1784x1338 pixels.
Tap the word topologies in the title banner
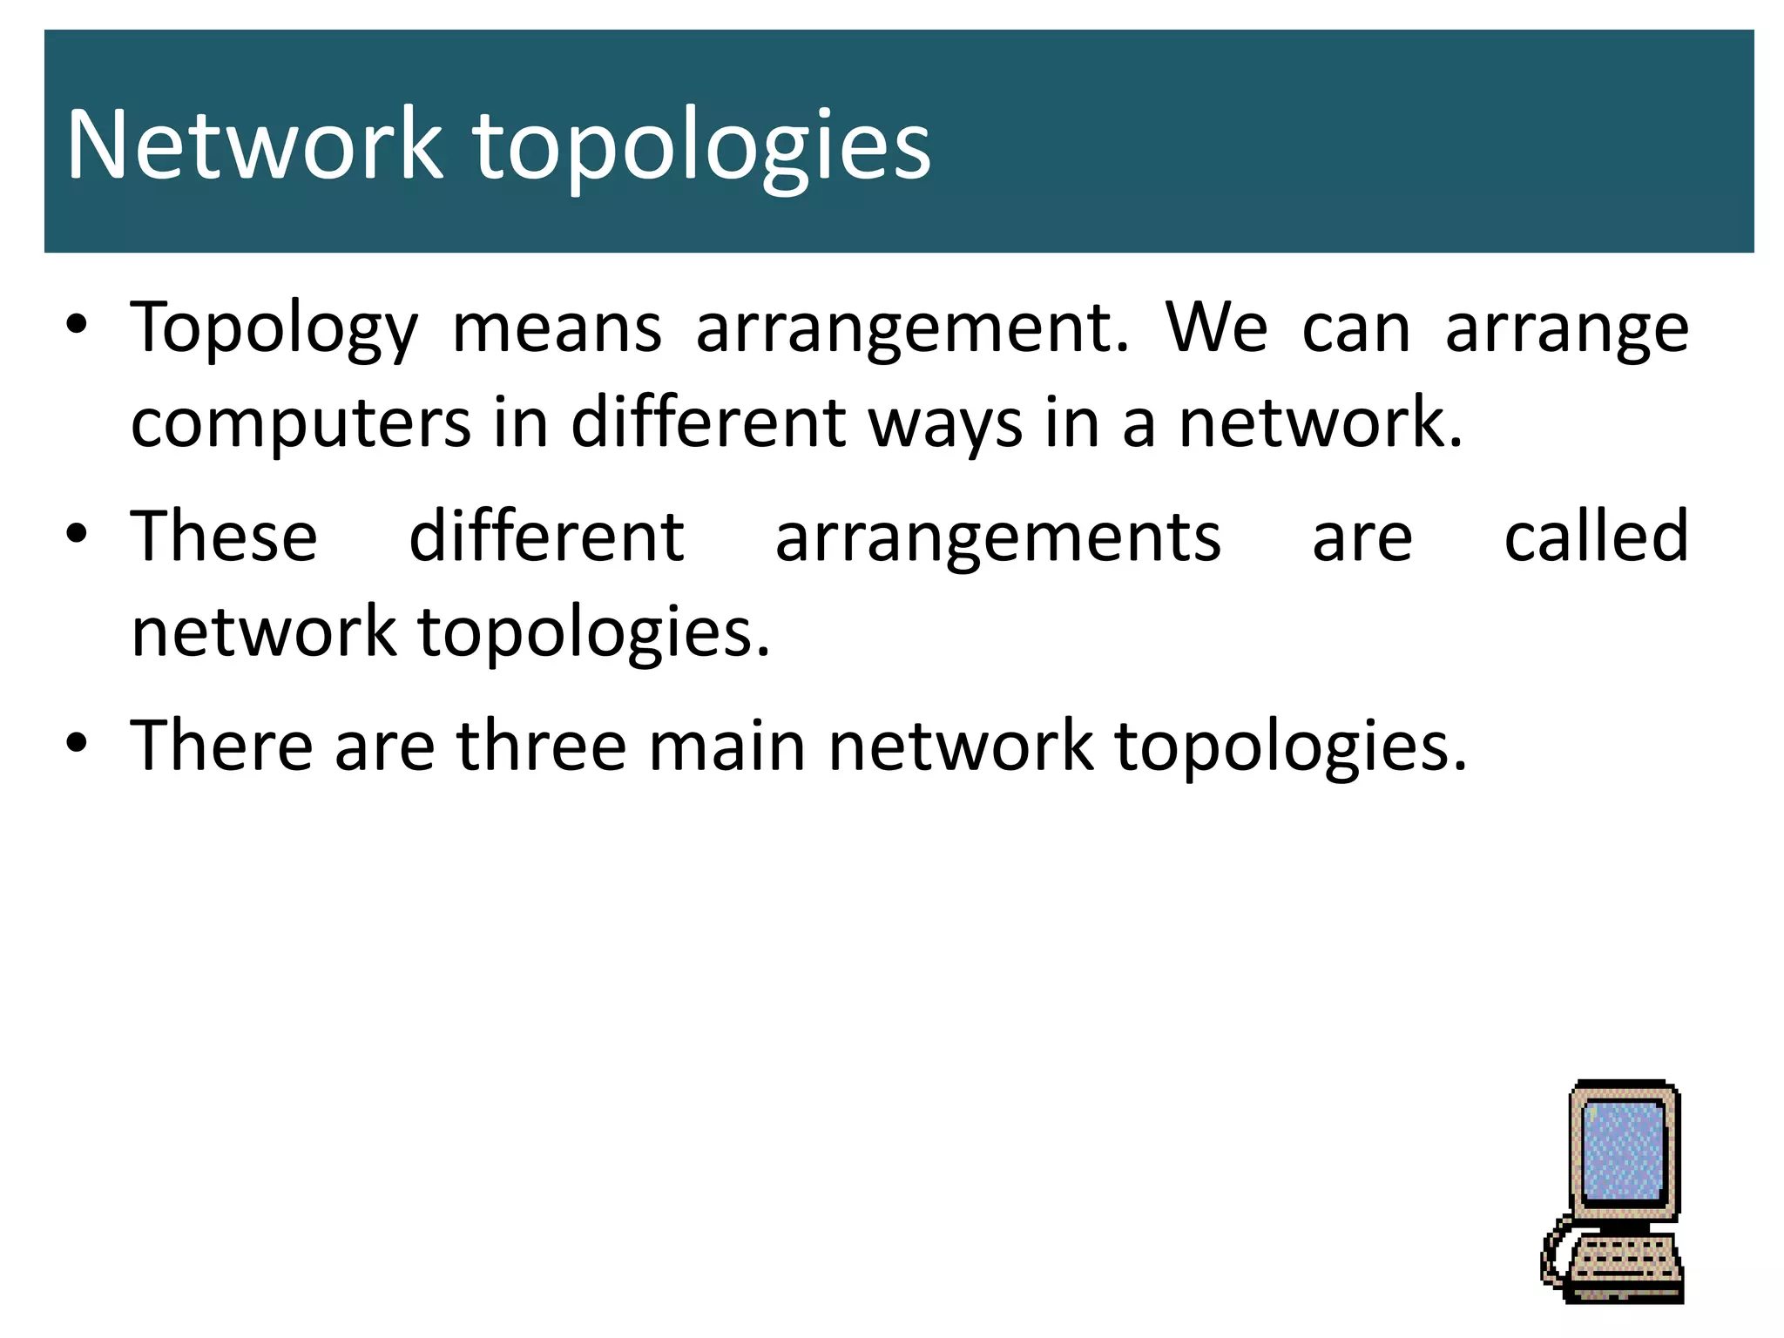tap(702, 148)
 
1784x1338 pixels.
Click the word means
tap(557, 329)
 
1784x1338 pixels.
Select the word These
tap(224, 537)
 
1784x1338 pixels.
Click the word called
tap(1596, 537)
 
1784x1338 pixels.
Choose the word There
tap(221, 746)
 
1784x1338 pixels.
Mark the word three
tap(541, 746)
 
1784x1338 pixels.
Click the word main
tap(727, 746)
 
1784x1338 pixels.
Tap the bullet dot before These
tap(77, 533)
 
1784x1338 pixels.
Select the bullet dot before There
tap(77, 742)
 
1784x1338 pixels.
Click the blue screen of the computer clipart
tap(1624, 1152)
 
